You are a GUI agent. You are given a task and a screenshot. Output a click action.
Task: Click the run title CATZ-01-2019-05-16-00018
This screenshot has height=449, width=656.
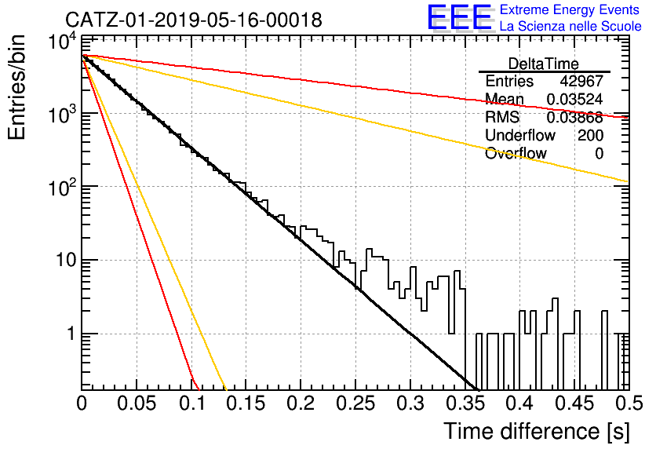coord(194,20)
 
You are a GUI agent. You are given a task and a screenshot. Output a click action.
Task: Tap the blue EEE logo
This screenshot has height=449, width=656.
coord(460,17)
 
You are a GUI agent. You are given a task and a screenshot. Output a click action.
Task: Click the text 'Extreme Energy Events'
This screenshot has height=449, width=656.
coord(570,9)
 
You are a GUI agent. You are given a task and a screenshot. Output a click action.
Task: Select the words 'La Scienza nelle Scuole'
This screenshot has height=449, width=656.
coord(570,26)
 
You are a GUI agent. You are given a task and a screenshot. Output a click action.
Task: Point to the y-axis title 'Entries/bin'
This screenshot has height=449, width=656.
coord(16,87)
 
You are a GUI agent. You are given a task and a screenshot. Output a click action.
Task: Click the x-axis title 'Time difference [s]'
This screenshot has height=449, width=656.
coord(537,431)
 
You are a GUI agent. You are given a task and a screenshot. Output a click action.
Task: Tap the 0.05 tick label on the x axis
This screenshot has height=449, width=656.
coord(136,403)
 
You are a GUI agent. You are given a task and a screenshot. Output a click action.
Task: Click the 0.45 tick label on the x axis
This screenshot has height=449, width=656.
coord(575,403)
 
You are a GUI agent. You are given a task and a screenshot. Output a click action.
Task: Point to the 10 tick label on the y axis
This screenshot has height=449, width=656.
coord(67,260)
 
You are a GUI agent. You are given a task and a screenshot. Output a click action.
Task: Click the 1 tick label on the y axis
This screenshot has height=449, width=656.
coord(71,334)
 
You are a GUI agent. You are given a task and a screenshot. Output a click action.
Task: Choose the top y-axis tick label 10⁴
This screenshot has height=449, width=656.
coord(63,42)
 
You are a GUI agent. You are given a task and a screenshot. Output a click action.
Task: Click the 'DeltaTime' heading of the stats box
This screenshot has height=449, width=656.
coord(543,64)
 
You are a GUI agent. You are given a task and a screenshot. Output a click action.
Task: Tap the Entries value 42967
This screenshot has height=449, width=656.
coord(581,81)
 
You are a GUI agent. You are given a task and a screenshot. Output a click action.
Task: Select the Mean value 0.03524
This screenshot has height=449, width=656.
coord(575,99)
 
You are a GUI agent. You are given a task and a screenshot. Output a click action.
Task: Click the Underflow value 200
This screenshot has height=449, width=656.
coord(590,135)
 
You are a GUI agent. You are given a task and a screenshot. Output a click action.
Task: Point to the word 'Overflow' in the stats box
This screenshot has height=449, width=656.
coord(516,153)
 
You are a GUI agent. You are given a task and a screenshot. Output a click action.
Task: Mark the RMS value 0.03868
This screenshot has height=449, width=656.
coord(575,117)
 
